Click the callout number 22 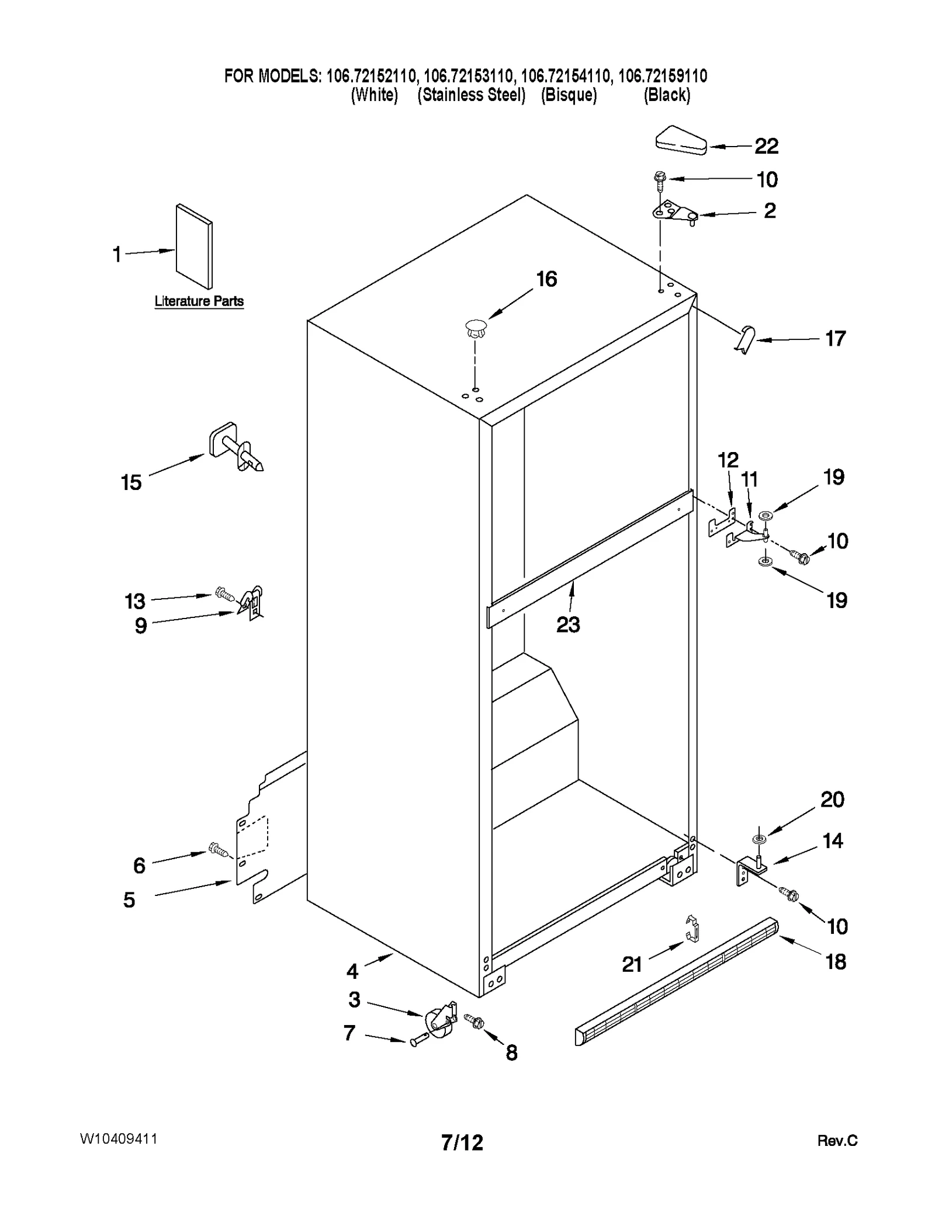point(766,146)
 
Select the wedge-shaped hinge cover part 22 point(681,141)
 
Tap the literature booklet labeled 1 point(194,246)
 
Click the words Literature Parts point(199,301)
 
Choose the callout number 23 point(568,625)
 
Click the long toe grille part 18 point(678,981)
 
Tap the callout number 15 point(131,482)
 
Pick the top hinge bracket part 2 point(676,213)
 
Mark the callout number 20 point(832,799)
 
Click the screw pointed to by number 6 point(219,850)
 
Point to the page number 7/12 point(462,1142)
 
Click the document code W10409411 point(119,1139)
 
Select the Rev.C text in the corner point(837,1141)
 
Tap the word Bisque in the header point(569,95)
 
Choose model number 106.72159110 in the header point(662,76)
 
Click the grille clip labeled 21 point(692,929)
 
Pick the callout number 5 point(129,900)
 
